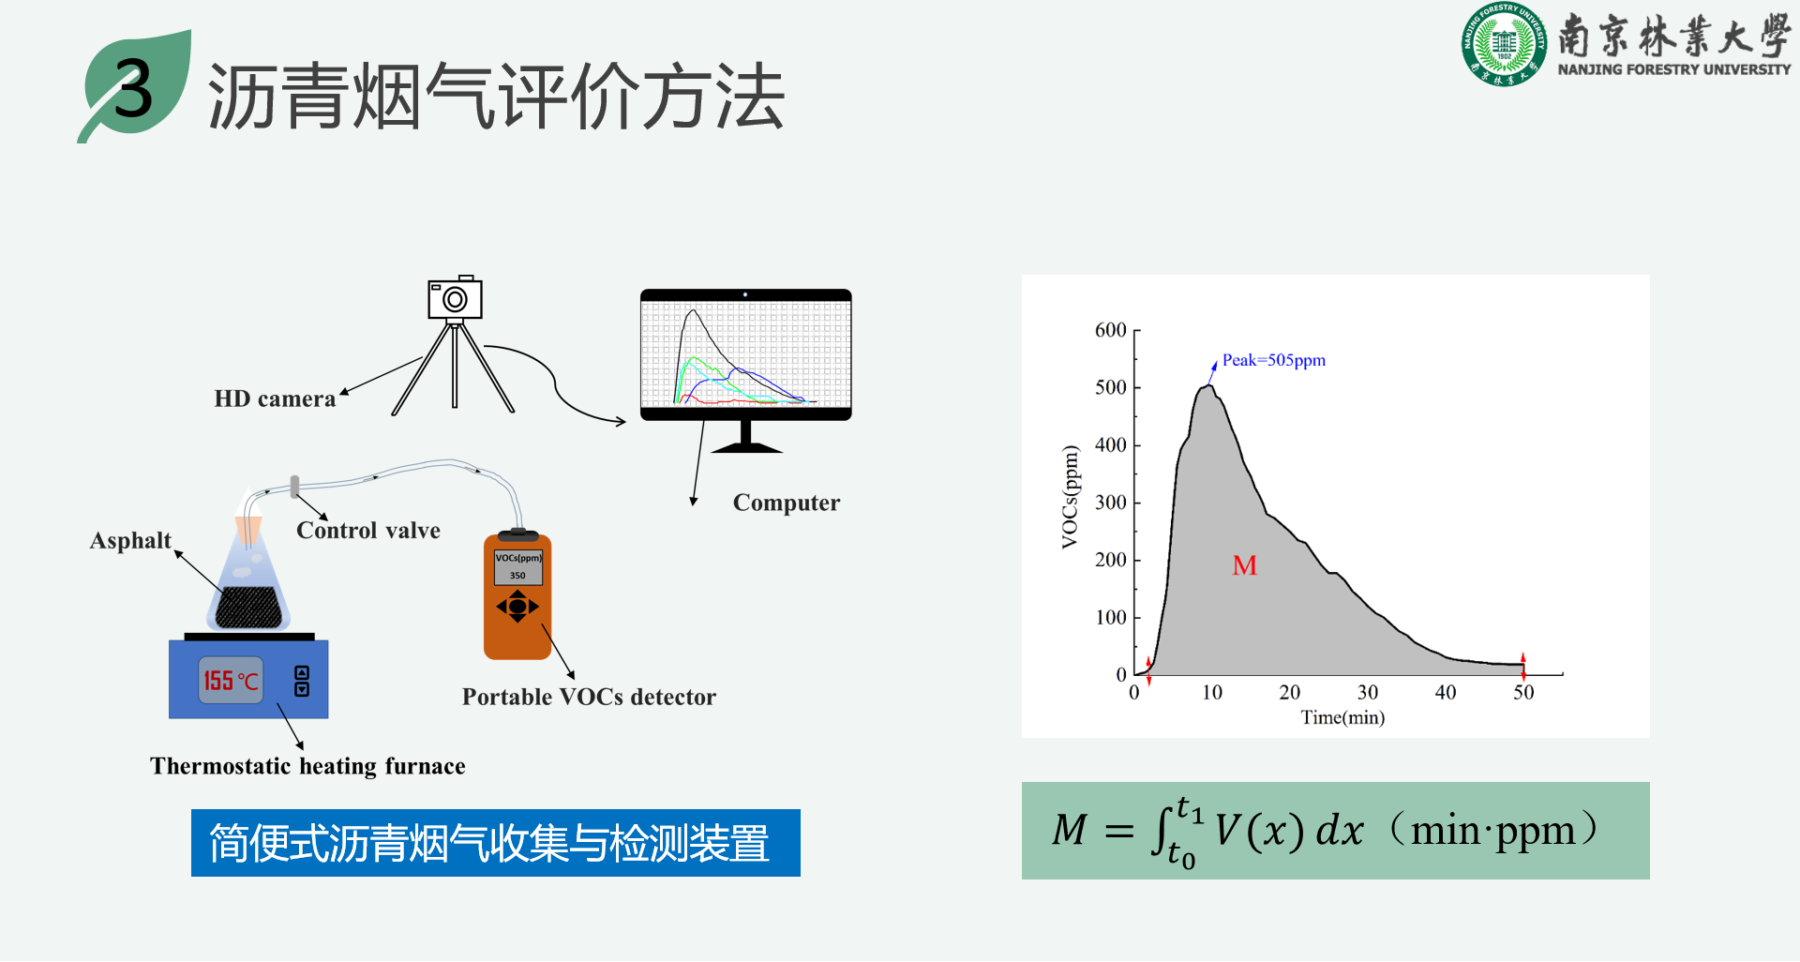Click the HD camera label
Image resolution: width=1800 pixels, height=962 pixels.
point(275,399)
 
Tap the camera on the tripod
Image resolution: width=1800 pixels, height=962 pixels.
point(455,298)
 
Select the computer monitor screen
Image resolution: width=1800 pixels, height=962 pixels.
point(746,353)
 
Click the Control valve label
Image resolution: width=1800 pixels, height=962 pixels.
point(368,531)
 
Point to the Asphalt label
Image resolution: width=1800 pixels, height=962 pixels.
point(130,541)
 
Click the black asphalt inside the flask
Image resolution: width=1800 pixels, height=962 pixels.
point(248,608)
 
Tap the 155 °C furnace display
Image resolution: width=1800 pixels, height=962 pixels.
point(231,681)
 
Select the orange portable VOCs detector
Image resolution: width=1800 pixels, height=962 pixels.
point(517,596)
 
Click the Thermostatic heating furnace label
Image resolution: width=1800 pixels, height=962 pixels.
point(307,767)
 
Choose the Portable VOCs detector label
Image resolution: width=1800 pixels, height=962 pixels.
point(589,698)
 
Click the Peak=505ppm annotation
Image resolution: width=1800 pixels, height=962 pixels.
point(1274,360)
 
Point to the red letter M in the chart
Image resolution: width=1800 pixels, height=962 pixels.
point(1245,565)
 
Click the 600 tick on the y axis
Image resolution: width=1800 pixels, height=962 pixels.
point(1111,330)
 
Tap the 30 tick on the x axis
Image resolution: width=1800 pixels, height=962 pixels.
point(1368,693)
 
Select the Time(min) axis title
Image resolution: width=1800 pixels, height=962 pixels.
point(1342,718)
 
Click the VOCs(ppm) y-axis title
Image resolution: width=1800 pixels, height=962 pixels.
point(1070,497)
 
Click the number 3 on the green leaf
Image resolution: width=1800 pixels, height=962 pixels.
point(133,90)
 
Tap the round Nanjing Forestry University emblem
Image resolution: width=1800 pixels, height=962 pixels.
point(1504,44)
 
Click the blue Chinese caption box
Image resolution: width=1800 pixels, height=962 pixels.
point(496,843)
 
